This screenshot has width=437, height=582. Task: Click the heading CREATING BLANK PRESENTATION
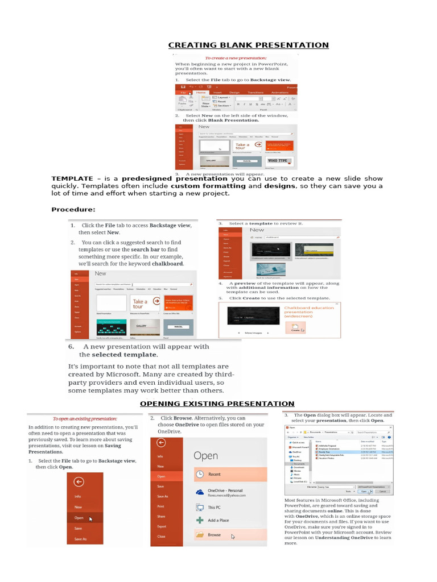[248, 45]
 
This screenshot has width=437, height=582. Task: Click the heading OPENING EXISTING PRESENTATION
[217, 404]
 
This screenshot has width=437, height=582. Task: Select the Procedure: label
[73, 210]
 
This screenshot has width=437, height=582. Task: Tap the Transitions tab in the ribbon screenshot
[255, 92]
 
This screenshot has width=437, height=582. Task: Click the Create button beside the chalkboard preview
[296, 329]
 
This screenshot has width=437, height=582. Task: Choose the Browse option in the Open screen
[215, 535]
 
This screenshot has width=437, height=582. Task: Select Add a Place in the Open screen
[218, 520]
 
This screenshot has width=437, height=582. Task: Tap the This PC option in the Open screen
[215, 506]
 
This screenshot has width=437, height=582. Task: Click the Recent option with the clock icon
[215, 473]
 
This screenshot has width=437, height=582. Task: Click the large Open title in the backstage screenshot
[205, 455]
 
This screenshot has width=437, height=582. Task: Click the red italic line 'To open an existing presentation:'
[85, 418]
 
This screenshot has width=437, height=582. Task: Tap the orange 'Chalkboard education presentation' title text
[309, 311]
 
